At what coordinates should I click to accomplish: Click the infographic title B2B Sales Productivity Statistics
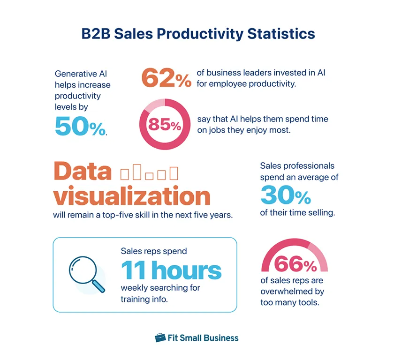[x=198, y=34]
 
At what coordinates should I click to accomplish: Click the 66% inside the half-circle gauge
[x=295, y=265]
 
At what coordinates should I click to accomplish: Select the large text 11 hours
[x=171, y=271]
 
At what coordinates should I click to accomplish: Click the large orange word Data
[x=82, y=172]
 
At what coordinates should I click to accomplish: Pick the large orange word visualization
[x=131, y=196]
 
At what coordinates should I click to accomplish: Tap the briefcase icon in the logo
[x=160, y=337]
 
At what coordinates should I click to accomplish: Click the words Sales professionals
[x=297, y=166]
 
